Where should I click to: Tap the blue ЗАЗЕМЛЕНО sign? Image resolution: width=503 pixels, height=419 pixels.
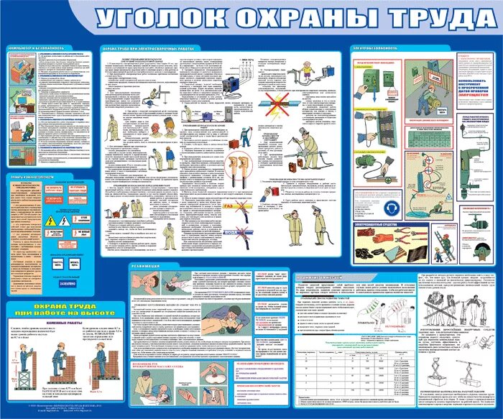coord(68,263)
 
